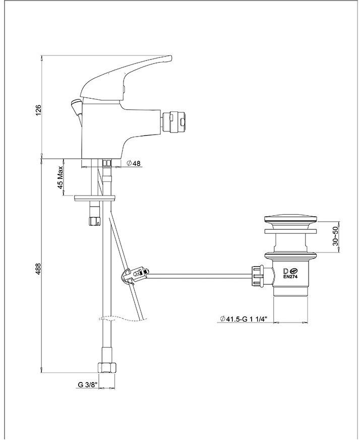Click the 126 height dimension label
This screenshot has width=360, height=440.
pyautogui.click(x=38, y=110)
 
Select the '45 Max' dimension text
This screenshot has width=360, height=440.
pyautogui.click(x=60, y=177)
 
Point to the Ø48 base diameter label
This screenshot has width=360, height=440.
pyautogui.click(x=134, y=163)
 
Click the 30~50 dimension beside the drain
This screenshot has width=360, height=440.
pyautogui.click(x=336, y=236)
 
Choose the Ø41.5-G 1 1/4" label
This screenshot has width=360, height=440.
pyautogui.click(x=243, y=319)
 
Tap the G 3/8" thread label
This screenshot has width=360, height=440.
pyautogui.click(x=87, y=385)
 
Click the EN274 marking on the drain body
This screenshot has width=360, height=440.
pyautogui.click(x=290, y=276)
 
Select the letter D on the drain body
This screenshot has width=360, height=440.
pyautogui.click(x=285, y=271)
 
